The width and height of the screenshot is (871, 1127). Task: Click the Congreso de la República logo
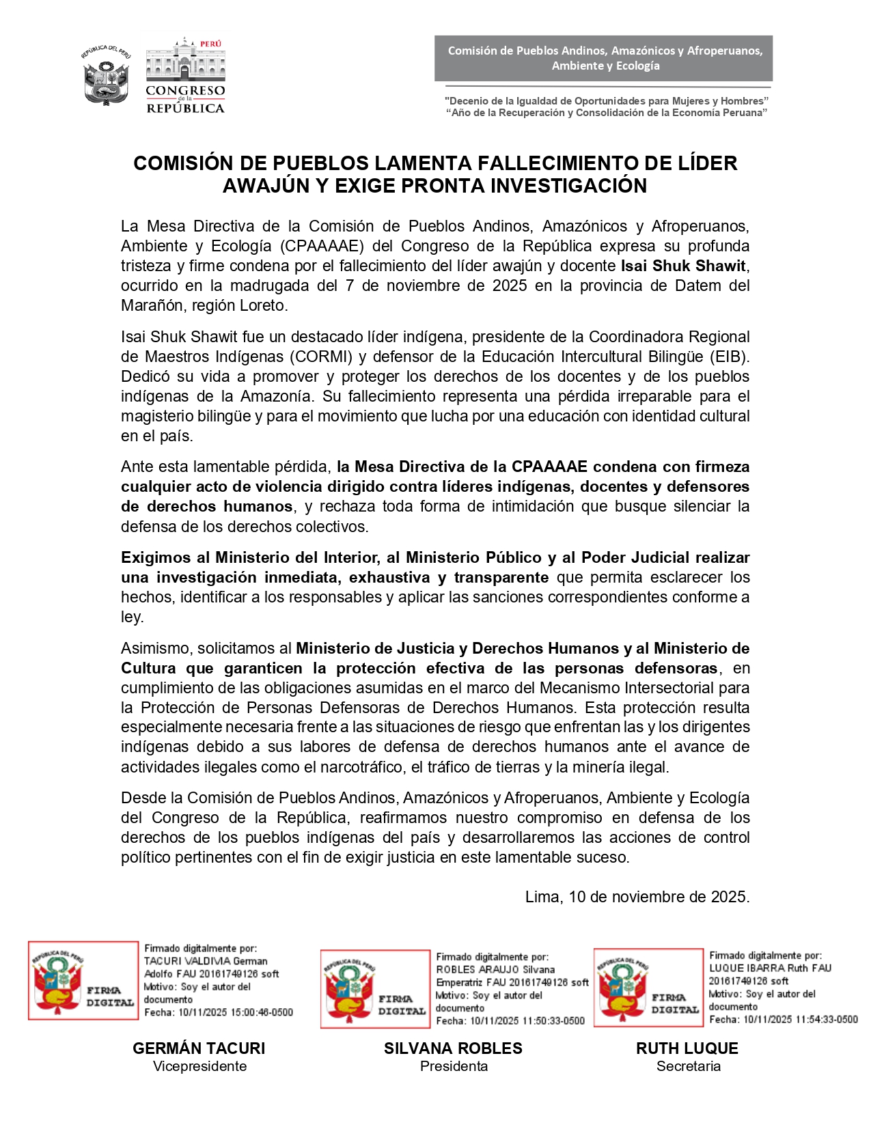click(185, 76)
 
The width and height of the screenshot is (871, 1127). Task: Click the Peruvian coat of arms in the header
click(106, 75)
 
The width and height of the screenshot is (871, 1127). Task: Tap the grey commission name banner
click(604, 58)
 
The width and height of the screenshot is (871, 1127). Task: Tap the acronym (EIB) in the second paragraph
click(729, 357)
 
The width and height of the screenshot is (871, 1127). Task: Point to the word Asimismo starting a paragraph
click(154, 648)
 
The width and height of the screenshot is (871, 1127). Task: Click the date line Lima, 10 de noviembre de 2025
click(637, 897)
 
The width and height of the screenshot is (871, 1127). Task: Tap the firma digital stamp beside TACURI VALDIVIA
click(83, 980)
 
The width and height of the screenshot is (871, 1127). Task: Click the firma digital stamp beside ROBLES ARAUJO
click(375, 988)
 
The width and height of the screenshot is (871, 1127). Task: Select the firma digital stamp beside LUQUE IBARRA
click(648, 987)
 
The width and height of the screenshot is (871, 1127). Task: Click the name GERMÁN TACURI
click(199, 1048)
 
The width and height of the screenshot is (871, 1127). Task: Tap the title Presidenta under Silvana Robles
click(454, 1066)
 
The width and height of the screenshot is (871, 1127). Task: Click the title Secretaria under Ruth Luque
click(688, 1066)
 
